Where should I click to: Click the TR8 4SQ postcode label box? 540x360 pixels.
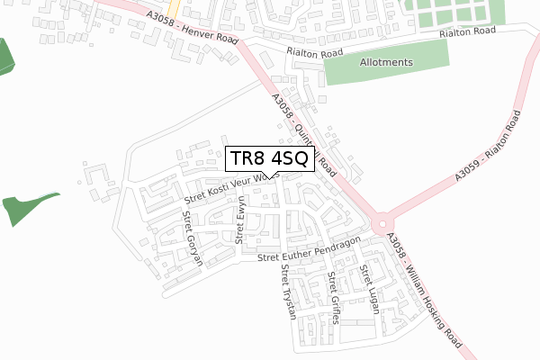(270, 159)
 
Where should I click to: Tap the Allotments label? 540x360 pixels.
(385, 63)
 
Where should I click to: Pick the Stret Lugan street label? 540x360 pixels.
(369, 289)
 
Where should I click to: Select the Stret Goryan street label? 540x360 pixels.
(192, 238)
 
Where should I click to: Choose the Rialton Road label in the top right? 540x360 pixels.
(467, 32)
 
